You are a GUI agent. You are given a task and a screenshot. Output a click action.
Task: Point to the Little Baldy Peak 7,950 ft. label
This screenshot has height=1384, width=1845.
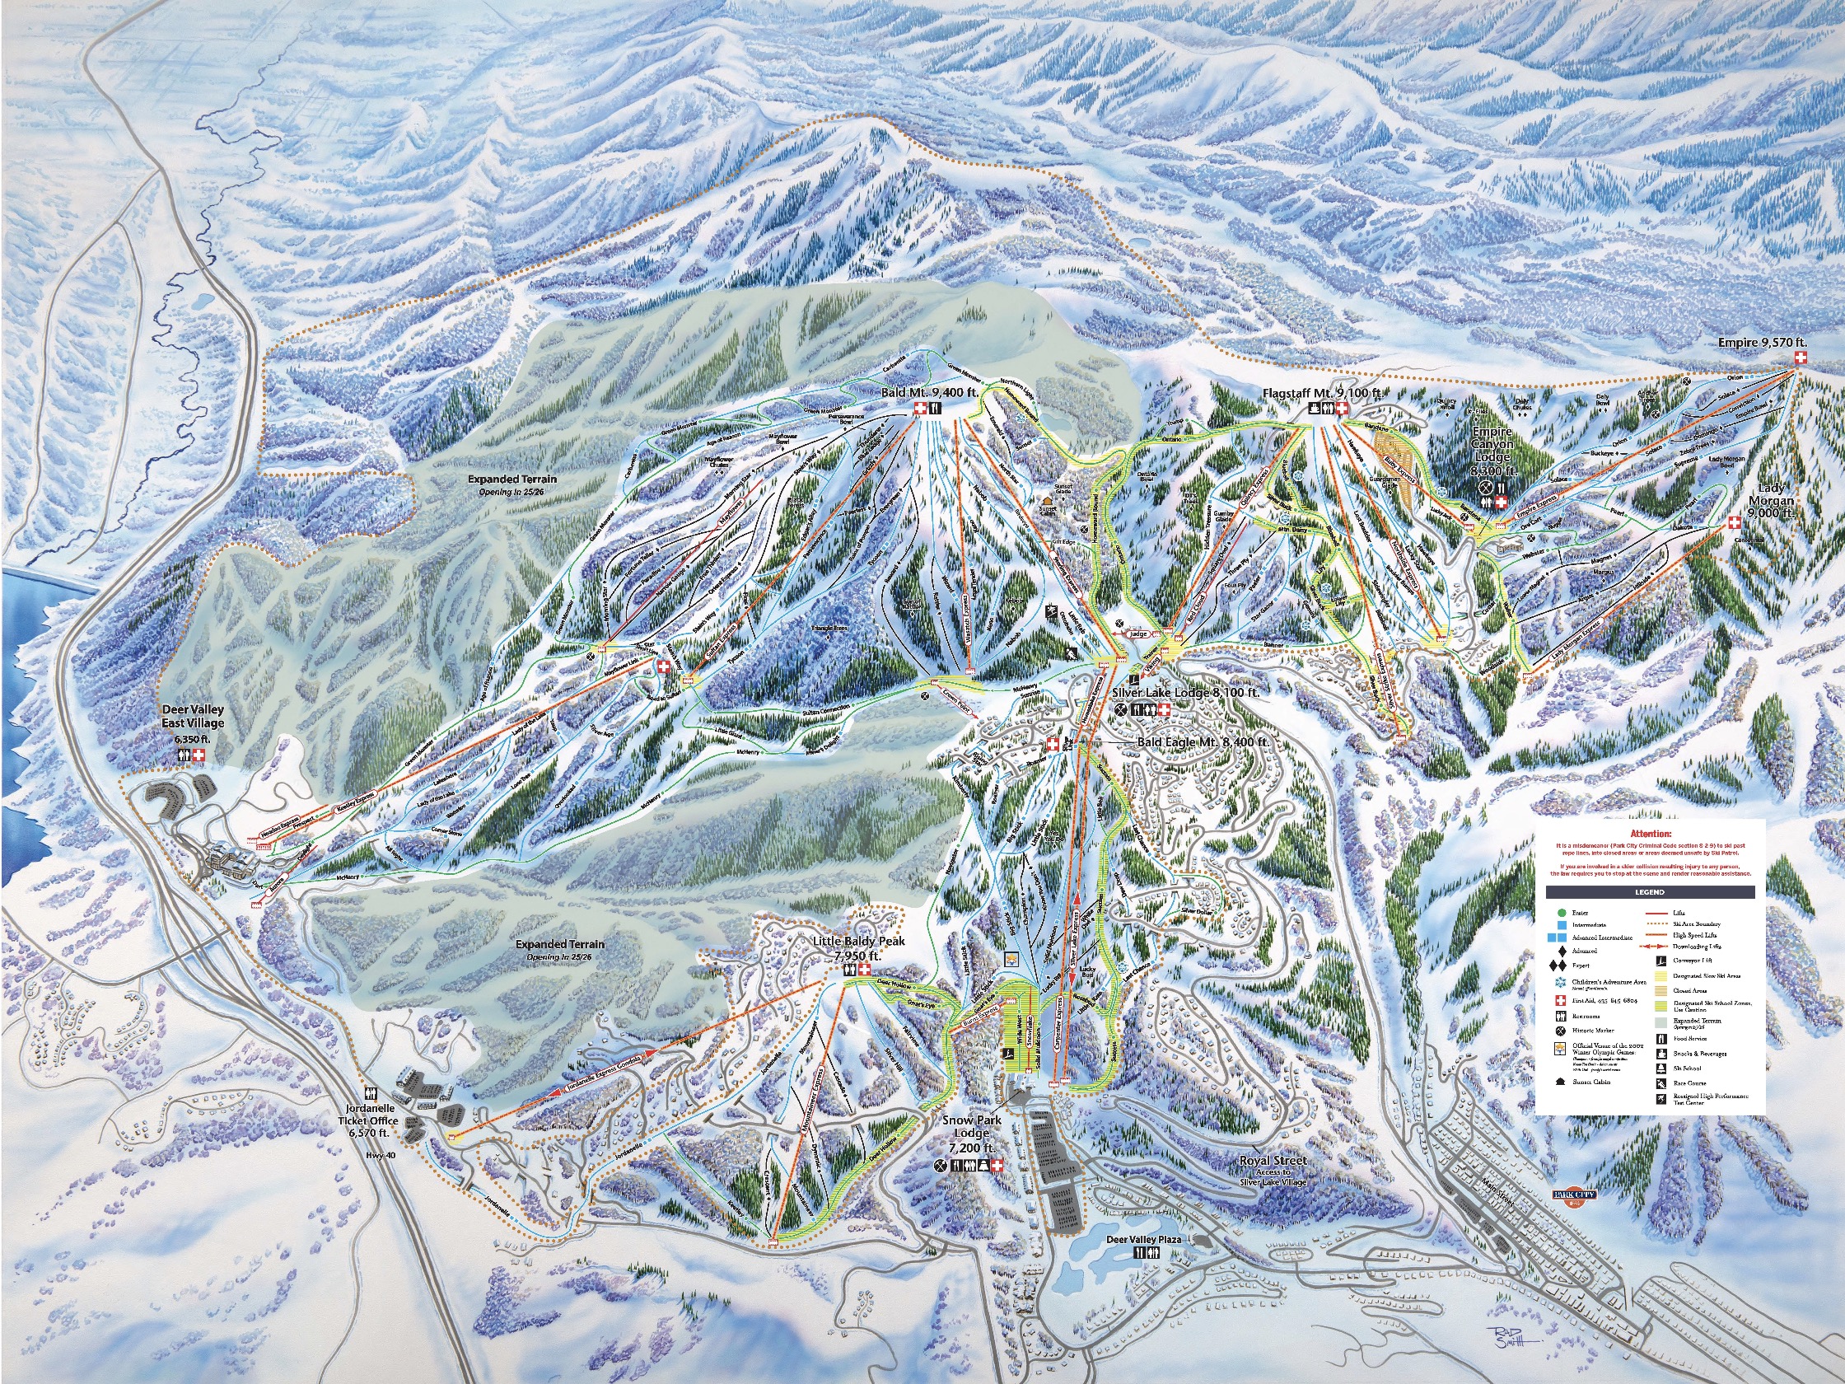[858, 948]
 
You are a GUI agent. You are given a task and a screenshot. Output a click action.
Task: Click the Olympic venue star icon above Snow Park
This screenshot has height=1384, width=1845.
[1011, 959]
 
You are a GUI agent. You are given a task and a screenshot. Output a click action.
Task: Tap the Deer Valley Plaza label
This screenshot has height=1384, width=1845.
[1143, 1263]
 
